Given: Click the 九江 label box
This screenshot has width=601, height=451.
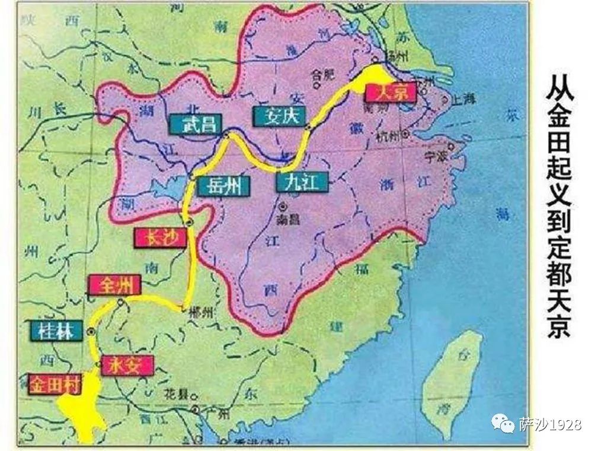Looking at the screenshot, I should (x=302, y=181).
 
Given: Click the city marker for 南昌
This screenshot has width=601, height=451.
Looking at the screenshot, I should (x=283, y=207).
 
